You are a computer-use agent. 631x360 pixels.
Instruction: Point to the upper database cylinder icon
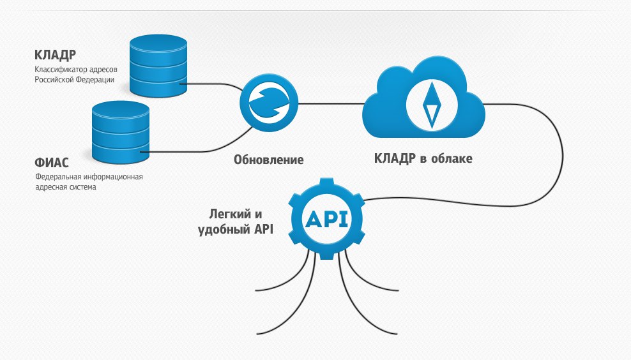(x=158, y=65)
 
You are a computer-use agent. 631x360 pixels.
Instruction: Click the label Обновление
(x=268, y=158)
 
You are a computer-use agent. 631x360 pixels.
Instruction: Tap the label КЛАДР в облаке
(x=423, y=158)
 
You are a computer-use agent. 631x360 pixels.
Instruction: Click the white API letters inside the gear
(x=326, y=220)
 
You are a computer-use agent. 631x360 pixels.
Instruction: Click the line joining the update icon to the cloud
(x=332, y=103)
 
